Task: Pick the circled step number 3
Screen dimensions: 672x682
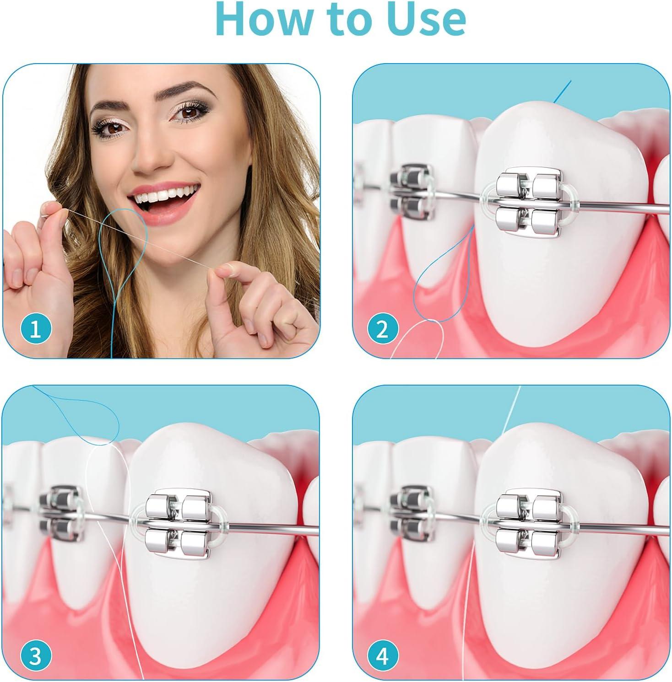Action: (x=36, y=657)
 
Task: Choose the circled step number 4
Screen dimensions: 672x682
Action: (x=382, y=657)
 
